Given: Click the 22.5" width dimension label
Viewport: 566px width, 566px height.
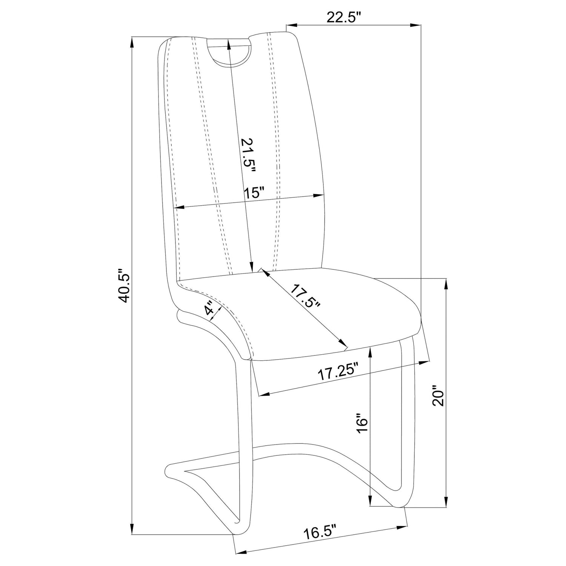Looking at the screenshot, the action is point(344,18).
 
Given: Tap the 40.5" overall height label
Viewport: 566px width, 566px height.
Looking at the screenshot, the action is point(125,286).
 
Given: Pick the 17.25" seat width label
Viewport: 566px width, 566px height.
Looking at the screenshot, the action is point(338,373).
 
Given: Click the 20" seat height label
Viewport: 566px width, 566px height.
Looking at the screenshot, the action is point(439,396).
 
